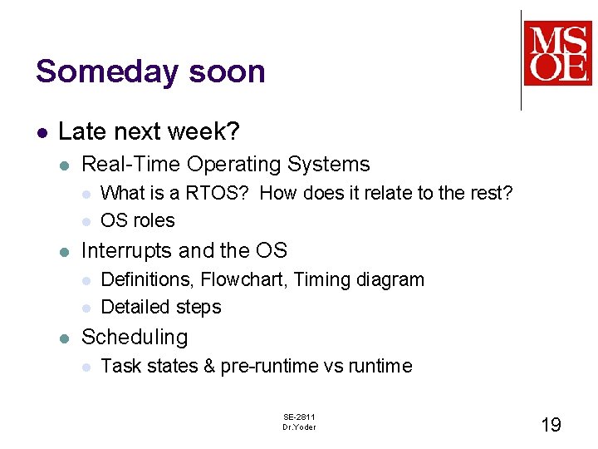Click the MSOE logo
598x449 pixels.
[557, 53]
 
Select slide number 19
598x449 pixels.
[551, 425]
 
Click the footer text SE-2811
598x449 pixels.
[299, 417]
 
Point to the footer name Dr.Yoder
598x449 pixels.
[299, 427]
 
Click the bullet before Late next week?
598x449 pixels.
[41, 132]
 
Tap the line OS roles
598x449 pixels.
[137, 220]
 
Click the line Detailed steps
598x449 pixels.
[160, 307]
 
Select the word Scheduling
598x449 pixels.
[135, 337]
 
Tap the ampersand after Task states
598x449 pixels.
[208, 366]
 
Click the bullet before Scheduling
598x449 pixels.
[66, 338]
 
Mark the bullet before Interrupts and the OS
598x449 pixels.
[66, 251]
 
